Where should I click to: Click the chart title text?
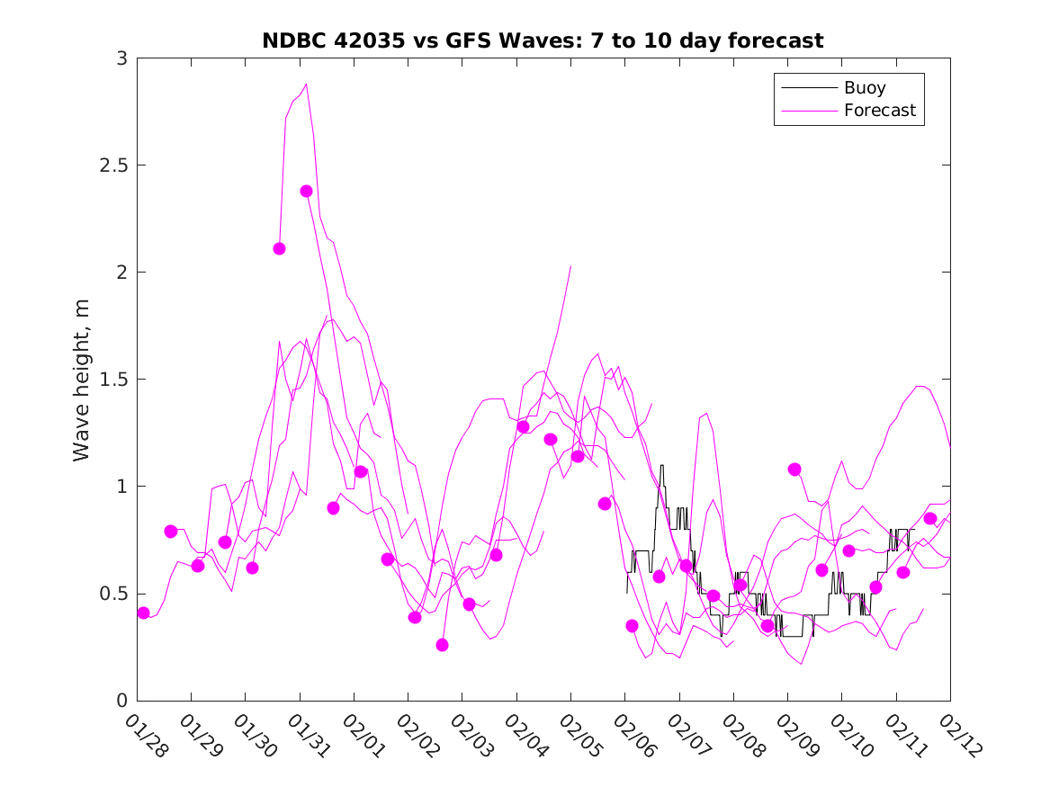click(x=543, y=40)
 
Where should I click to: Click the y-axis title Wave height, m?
click(x=82, y=380)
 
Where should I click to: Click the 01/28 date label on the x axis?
click(x=146, y=737)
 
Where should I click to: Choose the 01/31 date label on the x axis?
click(x=309, y=737)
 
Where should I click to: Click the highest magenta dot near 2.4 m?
click(x=306, y=191)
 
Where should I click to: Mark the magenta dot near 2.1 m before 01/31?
click(x=279, y=248)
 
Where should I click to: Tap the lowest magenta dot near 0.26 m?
click(x=442, y=645)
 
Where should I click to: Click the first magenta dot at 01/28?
click(x=143, y=613)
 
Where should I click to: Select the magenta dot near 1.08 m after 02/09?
click(x=794, y=470)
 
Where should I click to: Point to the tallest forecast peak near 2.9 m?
click(x=306, y=85)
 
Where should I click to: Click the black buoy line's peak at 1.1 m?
click(x=661, y=466)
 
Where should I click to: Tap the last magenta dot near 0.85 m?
click(x=930, y=518)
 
